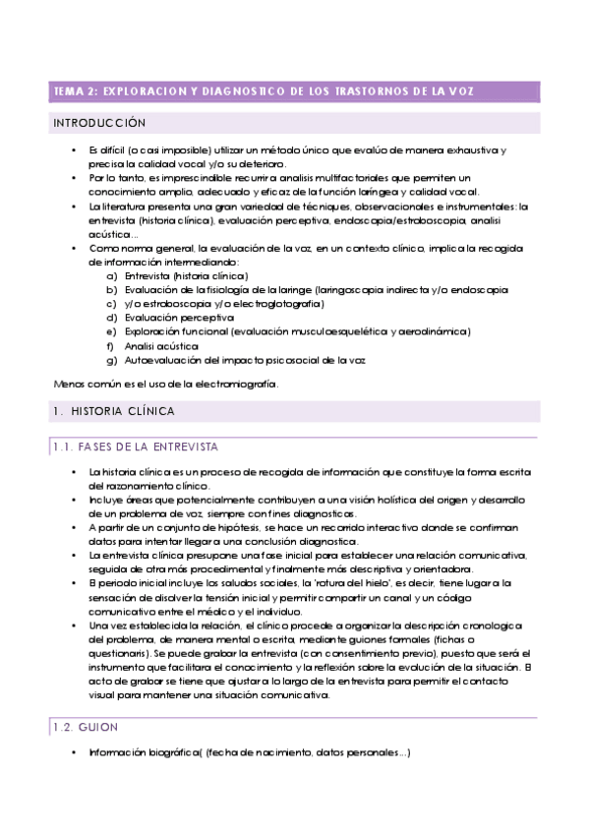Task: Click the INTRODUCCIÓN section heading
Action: coord(99,124)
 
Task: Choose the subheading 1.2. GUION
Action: coord(86,727)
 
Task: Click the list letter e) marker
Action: coord(111,332)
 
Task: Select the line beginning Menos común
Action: coord(165,383)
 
